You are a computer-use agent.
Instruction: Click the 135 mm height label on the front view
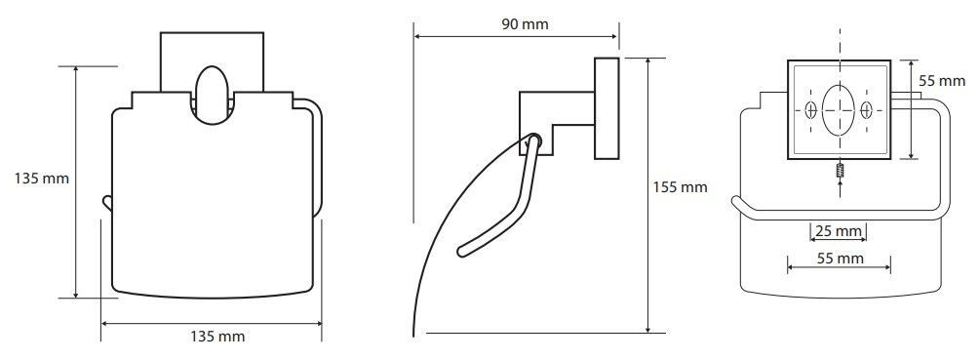coord(42,179)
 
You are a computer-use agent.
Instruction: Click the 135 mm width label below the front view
coord(217,337)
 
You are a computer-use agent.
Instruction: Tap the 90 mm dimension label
coord(525,24)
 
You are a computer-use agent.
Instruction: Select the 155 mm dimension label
coord(680,187)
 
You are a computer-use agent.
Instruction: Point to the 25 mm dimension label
coord(839,232)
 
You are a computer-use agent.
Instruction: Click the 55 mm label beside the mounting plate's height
coord(942,81)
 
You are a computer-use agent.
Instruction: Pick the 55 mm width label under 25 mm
coord(840,259)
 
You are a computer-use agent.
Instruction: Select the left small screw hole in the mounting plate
coord(810,110)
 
